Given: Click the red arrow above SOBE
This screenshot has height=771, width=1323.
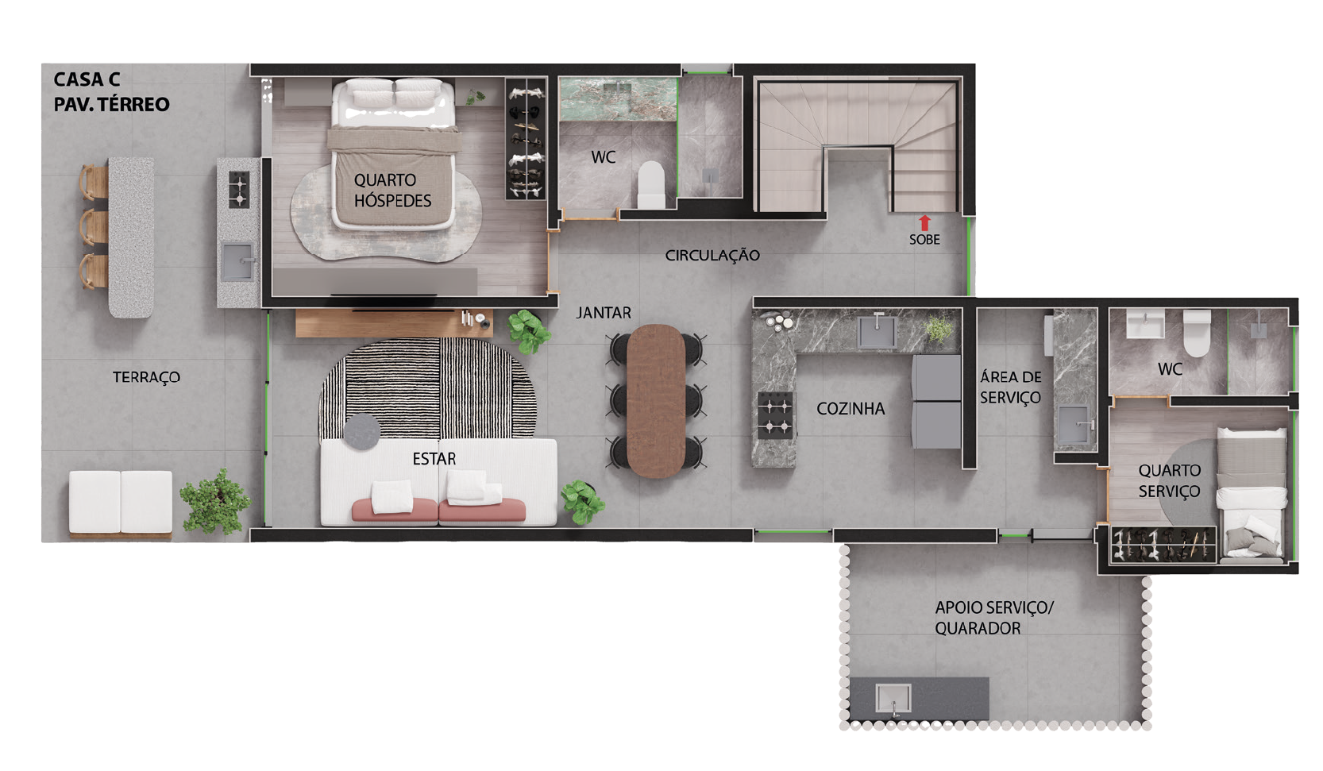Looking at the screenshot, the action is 924,222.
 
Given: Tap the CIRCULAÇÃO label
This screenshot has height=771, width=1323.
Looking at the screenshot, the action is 712,256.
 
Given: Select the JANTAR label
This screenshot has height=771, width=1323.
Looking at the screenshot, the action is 604,312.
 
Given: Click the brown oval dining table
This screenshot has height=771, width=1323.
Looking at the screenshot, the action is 656,401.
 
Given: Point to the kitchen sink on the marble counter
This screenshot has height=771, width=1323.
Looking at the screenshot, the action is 878,330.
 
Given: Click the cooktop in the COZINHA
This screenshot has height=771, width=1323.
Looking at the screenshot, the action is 774,415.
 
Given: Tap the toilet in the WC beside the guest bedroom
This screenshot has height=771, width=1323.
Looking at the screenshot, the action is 651,184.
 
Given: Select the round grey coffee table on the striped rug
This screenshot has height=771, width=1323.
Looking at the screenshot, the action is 362,431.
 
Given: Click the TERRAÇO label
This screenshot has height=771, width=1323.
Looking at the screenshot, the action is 146,377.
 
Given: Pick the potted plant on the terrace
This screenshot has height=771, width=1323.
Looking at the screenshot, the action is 215,502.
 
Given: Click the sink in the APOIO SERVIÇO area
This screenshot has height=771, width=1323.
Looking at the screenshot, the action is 893,699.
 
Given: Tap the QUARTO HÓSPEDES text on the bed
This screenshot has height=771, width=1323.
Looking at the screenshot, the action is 392,190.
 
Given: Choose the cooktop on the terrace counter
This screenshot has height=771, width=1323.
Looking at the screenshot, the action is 238,189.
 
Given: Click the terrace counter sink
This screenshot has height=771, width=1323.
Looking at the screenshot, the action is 238,261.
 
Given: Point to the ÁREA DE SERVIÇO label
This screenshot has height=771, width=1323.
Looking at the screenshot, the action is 1011,387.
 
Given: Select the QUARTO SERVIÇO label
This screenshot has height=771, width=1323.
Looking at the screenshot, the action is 1170,480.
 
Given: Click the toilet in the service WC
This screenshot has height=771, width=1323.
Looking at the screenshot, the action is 1197,333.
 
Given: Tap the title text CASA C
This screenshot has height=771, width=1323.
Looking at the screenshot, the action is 87,79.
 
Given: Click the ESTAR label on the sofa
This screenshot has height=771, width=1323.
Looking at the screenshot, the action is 434,459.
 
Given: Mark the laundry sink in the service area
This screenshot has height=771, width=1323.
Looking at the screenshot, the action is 1074,425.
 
